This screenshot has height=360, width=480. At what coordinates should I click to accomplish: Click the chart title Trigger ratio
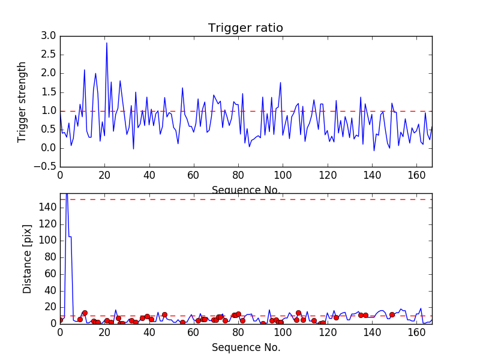[245, 28]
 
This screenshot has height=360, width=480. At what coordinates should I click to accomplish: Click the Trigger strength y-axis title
[22, 101]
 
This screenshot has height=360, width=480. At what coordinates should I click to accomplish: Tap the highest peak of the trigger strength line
[107, 43]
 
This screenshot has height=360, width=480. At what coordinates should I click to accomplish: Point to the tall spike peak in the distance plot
[67, 194]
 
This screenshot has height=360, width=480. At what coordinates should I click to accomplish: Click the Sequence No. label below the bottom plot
[246, 347]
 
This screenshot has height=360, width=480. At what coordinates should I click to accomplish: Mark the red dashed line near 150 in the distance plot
[240, 199]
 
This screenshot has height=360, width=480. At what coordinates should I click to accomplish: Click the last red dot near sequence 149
[392, 314]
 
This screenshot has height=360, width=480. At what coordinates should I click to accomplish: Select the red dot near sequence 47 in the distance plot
[164, 314]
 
